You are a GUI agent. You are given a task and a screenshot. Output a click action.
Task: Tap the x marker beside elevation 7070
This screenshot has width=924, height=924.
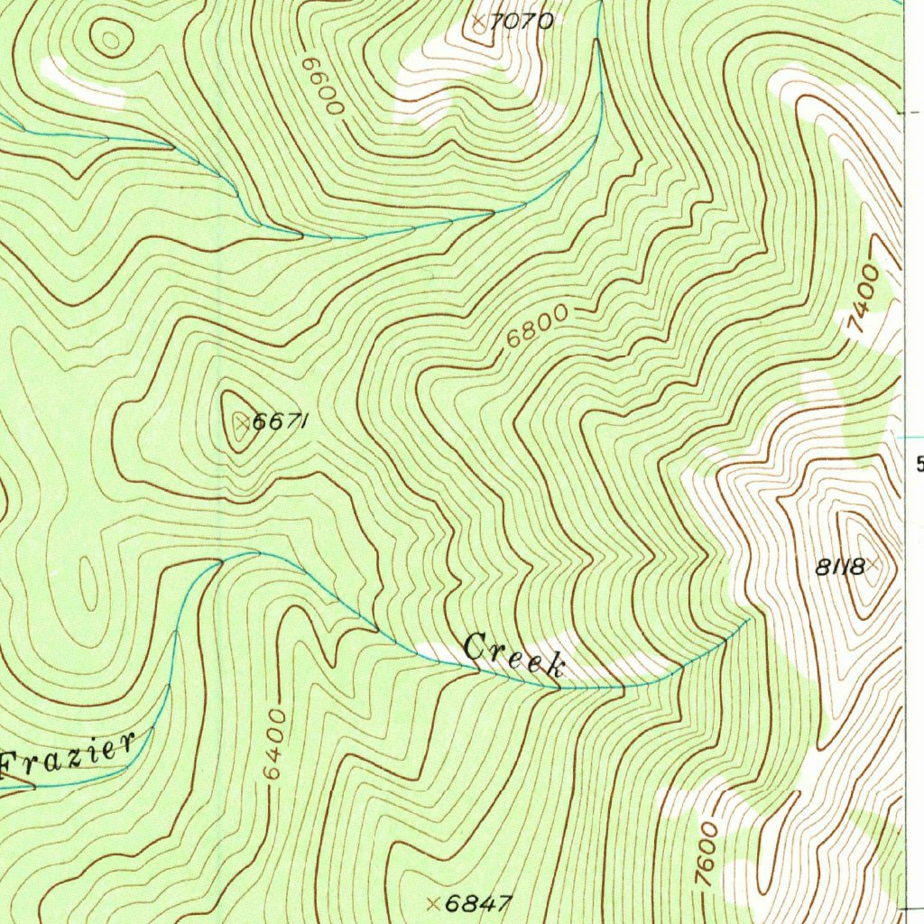[478, 19]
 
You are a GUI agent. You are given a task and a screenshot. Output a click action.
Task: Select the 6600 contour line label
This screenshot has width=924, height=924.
[323, 87]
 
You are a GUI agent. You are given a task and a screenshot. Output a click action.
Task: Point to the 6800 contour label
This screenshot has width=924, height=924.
[537, 326]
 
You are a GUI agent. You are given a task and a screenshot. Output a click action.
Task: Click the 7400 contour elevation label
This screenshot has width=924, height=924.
[864, 300]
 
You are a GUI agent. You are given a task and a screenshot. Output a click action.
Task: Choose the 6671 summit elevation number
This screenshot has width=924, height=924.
[282, 421]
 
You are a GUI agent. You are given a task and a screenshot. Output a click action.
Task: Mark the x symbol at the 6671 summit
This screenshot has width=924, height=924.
[241, 420]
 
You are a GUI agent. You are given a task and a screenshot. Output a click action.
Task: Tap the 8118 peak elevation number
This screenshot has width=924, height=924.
[840, 568]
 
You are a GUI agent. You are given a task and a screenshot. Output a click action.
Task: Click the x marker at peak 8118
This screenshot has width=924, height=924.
[873, 566]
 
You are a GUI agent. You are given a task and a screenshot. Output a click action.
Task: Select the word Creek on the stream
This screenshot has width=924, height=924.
[514, 655]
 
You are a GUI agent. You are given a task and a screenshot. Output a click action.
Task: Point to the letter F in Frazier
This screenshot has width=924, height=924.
[14, 767]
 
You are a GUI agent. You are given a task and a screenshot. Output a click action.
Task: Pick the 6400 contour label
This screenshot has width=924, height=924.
[274, 746]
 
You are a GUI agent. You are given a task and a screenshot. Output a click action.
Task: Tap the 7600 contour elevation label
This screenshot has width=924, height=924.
[707, 854]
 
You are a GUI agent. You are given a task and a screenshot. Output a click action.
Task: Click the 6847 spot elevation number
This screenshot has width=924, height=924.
[479, 903]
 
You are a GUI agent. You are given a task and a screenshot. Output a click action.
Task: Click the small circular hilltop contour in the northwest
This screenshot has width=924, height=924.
[110, 39]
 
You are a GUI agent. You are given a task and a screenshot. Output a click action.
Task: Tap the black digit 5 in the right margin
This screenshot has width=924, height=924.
[919, 465]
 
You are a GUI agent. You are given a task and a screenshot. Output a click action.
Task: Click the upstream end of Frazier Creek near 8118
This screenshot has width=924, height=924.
[749, 620]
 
